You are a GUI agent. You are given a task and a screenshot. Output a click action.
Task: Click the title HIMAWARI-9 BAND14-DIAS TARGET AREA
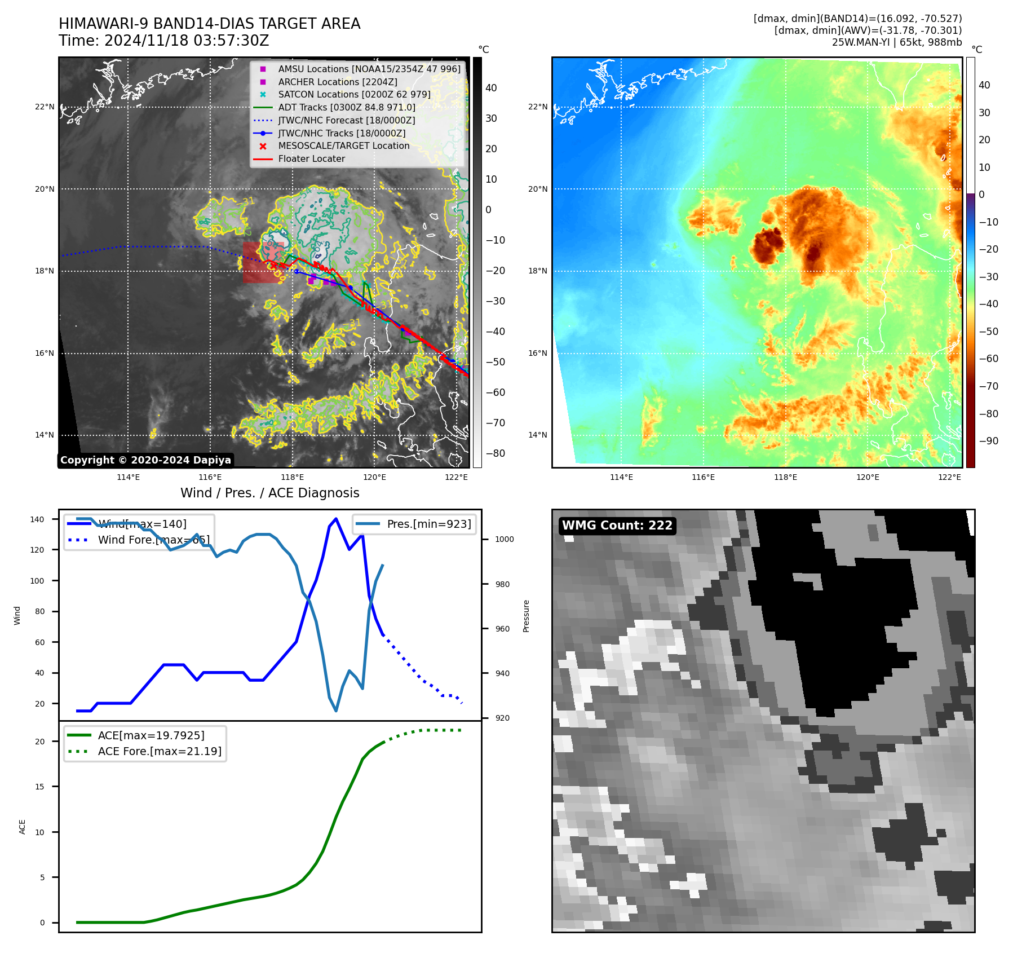(209, 24)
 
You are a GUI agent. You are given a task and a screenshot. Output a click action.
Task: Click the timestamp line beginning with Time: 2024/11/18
(163, 41)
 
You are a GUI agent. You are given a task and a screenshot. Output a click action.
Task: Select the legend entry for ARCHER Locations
(337, 82)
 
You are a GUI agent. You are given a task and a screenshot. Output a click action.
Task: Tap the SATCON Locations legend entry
(353, 94)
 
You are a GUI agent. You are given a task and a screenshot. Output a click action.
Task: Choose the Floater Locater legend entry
(311, 158)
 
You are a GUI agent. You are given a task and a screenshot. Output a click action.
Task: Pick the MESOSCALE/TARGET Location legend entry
(343, 145)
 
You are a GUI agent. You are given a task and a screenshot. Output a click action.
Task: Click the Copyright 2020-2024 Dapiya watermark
(145, 460)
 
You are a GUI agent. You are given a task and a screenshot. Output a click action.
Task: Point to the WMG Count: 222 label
(617, 526)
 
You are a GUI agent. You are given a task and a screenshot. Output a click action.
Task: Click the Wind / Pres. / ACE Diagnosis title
(269, 493)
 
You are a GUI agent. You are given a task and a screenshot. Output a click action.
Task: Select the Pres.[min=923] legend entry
(428, 524)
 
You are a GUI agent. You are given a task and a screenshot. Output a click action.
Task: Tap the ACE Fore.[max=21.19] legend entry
(160, 751)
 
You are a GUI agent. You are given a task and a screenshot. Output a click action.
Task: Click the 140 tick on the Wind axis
(37, 519)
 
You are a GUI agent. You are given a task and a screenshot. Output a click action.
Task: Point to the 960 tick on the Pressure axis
(502, 629)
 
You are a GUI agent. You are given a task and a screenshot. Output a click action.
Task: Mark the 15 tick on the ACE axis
(39, 787)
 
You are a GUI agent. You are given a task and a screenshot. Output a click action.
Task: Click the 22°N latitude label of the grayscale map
(45, 107)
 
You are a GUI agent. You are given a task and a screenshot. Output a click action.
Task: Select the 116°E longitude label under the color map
(703, 477)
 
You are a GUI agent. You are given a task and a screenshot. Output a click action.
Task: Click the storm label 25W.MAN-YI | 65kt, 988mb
(896, 42)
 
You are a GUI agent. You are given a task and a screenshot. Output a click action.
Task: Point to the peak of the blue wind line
(336, 518)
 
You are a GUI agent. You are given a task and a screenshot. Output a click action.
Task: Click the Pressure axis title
(526, 616)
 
